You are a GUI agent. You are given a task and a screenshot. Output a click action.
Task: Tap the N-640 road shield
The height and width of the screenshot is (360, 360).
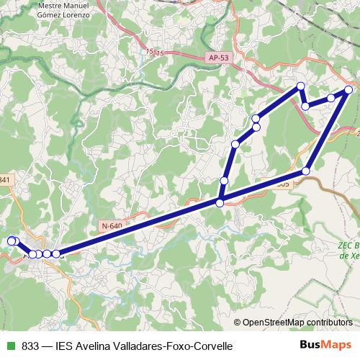pos(112,226)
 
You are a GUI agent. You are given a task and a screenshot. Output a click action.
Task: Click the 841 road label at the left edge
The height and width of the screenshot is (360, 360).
pos(6,180)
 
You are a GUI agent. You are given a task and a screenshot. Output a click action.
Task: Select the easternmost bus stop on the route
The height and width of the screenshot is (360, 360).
pos(348,90)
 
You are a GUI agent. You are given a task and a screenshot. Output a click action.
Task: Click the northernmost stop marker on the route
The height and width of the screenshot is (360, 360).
pos(301,87)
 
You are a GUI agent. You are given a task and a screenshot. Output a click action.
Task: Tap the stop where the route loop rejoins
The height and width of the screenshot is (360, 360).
pos(220,202)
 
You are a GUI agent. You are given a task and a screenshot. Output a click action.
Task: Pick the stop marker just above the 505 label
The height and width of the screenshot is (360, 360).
pos(306,171)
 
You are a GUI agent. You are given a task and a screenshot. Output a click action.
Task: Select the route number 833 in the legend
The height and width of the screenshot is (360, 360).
pos(30,346)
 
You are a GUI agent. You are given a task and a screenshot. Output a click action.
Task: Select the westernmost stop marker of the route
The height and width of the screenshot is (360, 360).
pos(11,241)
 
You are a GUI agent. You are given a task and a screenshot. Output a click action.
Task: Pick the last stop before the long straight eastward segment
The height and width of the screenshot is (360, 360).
pos(56,253)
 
